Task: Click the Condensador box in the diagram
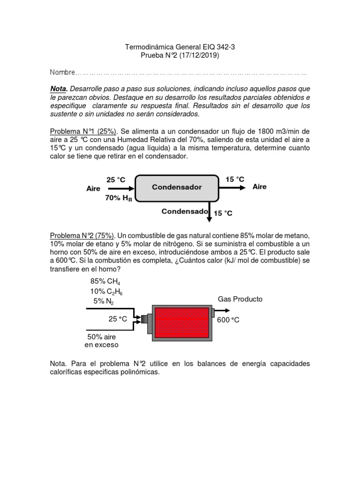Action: (x=177, y=187)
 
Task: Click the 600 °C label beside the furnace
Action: (x=228, y=320)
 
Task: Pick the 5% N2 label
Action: (x=103, y=301)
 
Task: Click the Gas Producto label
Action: (x=240, y=299)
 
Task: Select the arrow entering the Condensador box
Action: (x=120, y=188)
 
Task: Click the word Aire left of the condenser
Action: (x=94, y=188)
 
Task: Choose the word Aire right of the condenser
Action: (x=259, y=187)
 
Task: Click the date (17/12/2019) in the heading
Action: (x=197, y=55)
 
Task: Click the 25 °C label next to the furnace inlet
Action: (x=118, y=319)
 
